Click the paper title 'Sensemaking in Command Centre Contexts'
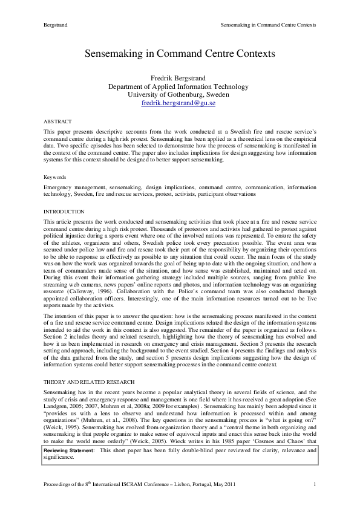(x=179, y=54)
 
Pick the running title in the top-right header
(x=269, y=25)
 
